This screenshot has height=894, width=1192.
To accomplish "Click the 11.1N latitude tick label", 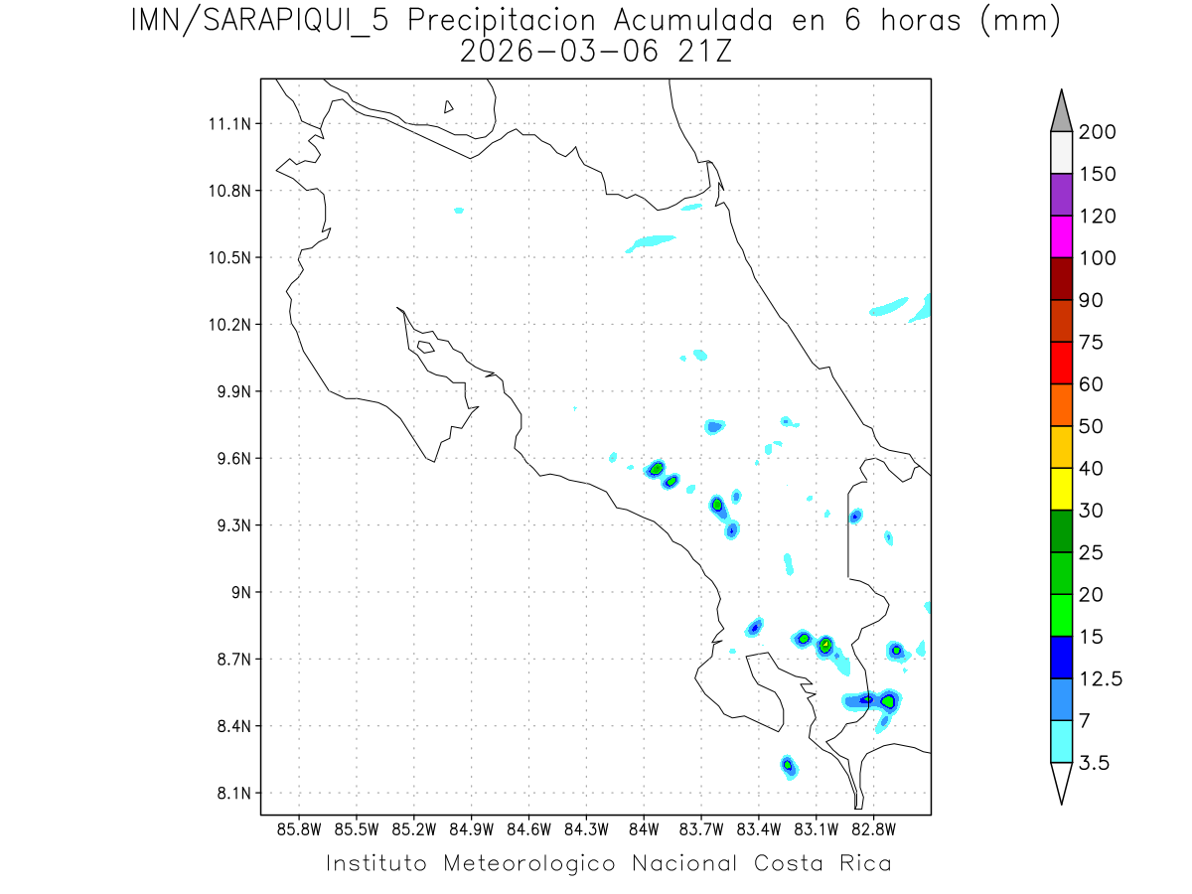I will [227, 124].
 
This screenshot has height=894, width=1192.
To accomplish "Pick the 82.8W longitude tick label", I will [874, 828].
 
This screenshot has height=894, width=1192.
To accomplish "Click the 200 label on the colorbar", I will [1098, 132].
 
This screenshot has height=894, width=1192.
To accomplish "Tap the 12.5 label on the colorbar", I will [1101, 678].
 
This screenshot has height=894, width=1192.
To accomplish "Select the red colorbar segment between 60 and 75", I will [1061, 363].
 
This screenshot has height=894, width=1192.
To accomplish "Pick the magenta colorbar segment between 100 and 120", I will [1061, 236].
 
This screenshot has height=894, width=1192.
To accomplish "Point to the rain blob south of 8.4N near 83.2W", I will [788, 765].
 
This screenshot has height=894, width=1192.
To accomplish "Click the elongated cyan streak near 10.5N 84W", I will [652, 241].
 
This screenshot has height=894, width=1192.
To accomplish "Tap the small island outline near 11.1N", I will [449, 106].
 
